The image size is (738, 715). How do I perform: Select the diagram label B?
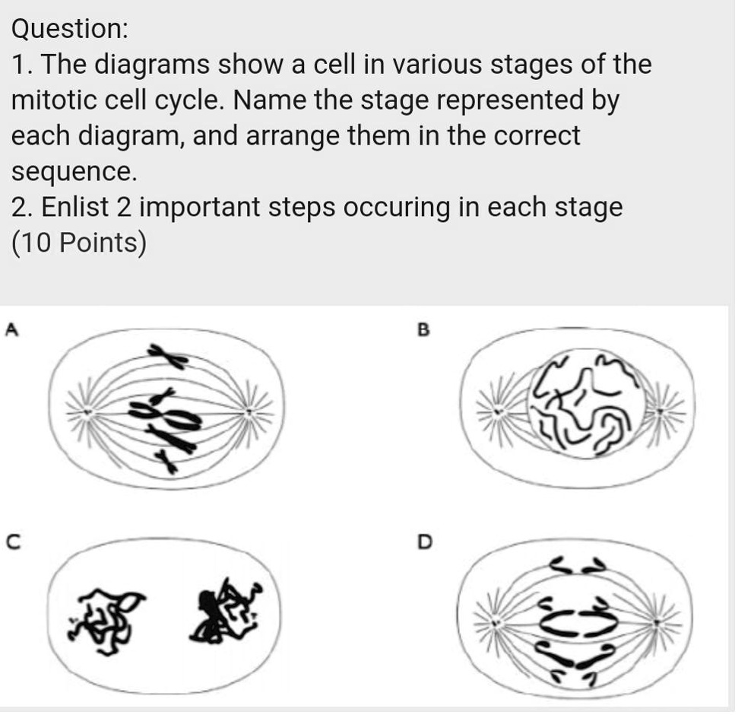point(424,330)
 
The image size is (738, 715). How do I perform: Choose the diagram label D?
point(425,542)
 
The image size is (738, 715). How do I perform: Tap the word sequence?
point(74,173)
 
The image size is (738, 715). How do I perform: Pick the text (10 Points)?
point(78,243)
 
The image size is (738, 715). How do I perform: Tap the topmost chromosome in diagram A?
point(169,354)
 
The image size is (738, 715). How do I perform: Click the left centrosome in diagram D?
point(496,623)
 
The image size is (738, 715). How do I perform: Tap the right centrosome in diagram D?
point(658,622)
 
